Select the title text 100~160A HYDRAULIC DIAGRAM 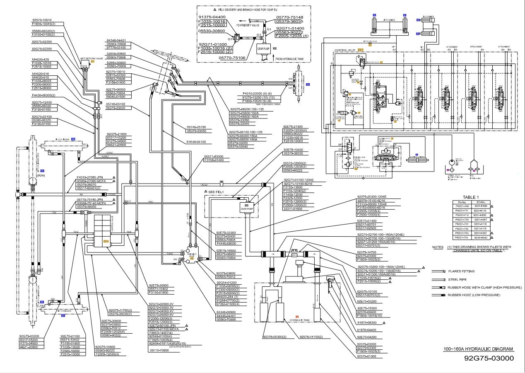[478, 349]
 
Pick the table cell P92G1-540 [462, 206]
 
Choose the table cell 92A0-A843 [480, 238]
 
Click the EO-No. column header [479, 201]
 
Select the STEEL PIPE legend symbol [438, 280]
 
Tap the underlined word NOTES [438, 247]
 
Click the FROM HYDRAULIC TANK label [289, 59]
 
